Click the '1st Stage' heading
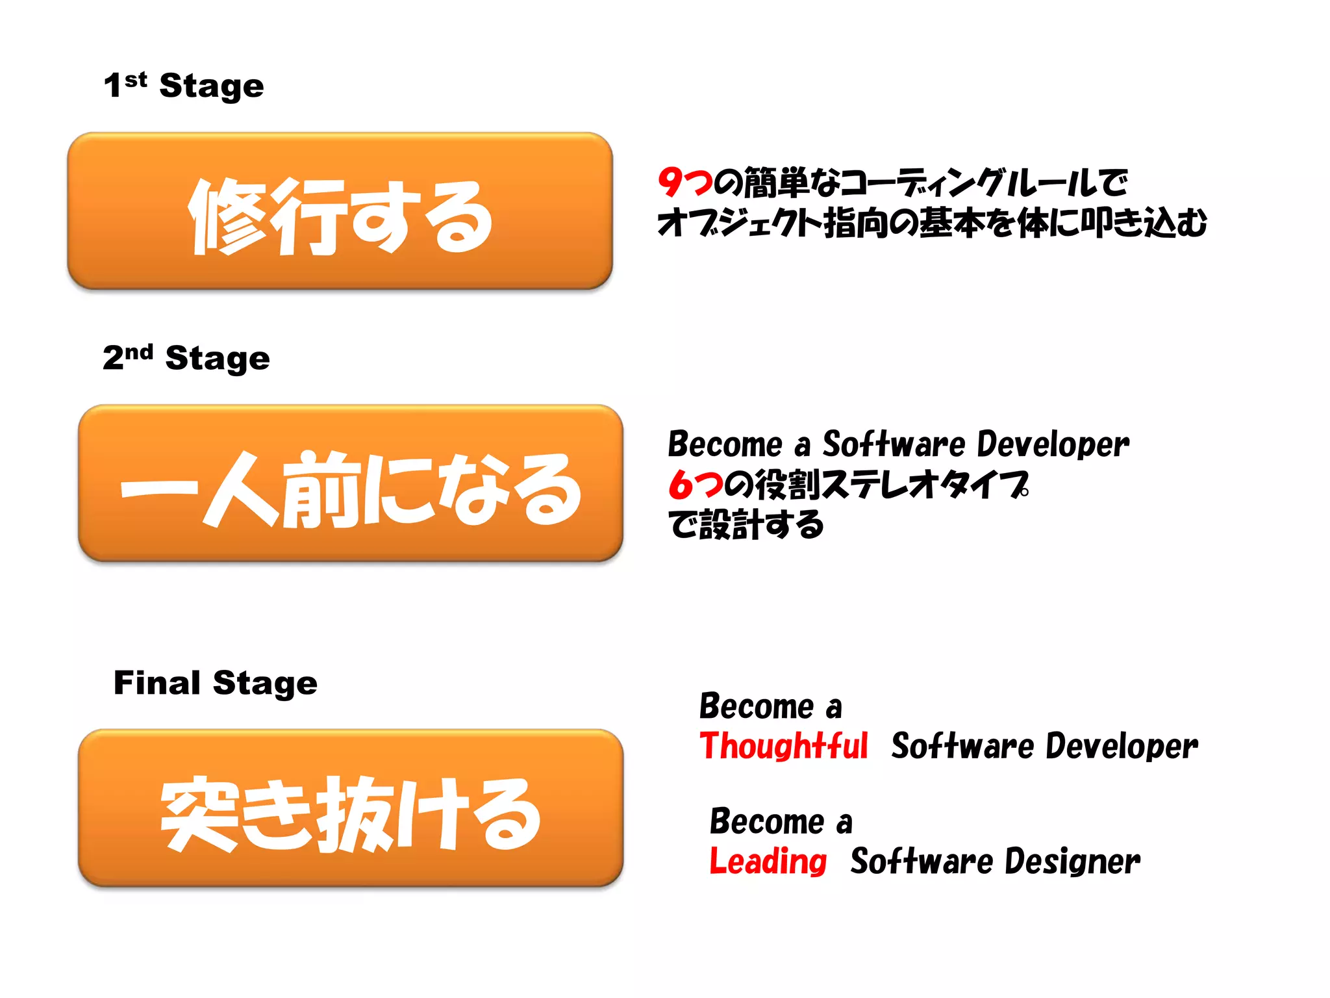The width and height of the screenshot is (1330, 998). click(x=184, y=86)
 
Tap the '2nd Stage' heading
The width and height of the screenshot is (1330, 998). click(x=186, y=358)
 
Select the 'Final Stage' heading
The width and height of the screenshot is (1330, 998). click(x=216, y=683)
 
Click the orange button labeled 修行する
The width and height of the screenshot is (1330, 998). click(x=340, y=211)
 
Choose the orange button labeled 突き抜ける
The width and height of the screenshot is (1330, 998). click(x=351, y=808)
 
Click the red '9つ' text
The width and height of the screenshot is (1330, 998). click(x=685, y=183)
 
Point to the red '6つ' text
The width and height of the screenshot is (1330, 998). click(x=696, y=485)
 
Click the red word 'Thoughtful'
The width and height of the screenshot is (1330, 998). click(x=784, y=746)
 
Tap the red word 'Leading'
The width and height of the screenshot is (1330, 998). click(x=768, y=862)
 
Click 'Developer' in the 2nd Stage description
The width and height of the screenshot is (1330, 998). click(x=1053, y=445)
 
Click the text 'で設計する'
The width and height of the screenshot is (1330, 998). click(x=746, y=524)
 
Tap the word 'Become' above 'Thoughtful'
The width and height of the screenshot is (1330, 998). click(x=757, y=706)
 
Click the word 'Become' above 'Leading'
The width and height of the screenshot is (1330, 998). click(x=767, y=821)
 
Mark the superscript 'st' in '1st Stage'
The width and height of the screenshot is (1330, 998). click(x=136, y=80)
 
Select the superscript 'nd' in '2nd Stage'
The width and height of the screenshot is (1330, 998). click(x=139, y=352)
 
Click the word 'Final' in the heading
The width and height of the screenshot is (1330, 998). click(x=157, y=683)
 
